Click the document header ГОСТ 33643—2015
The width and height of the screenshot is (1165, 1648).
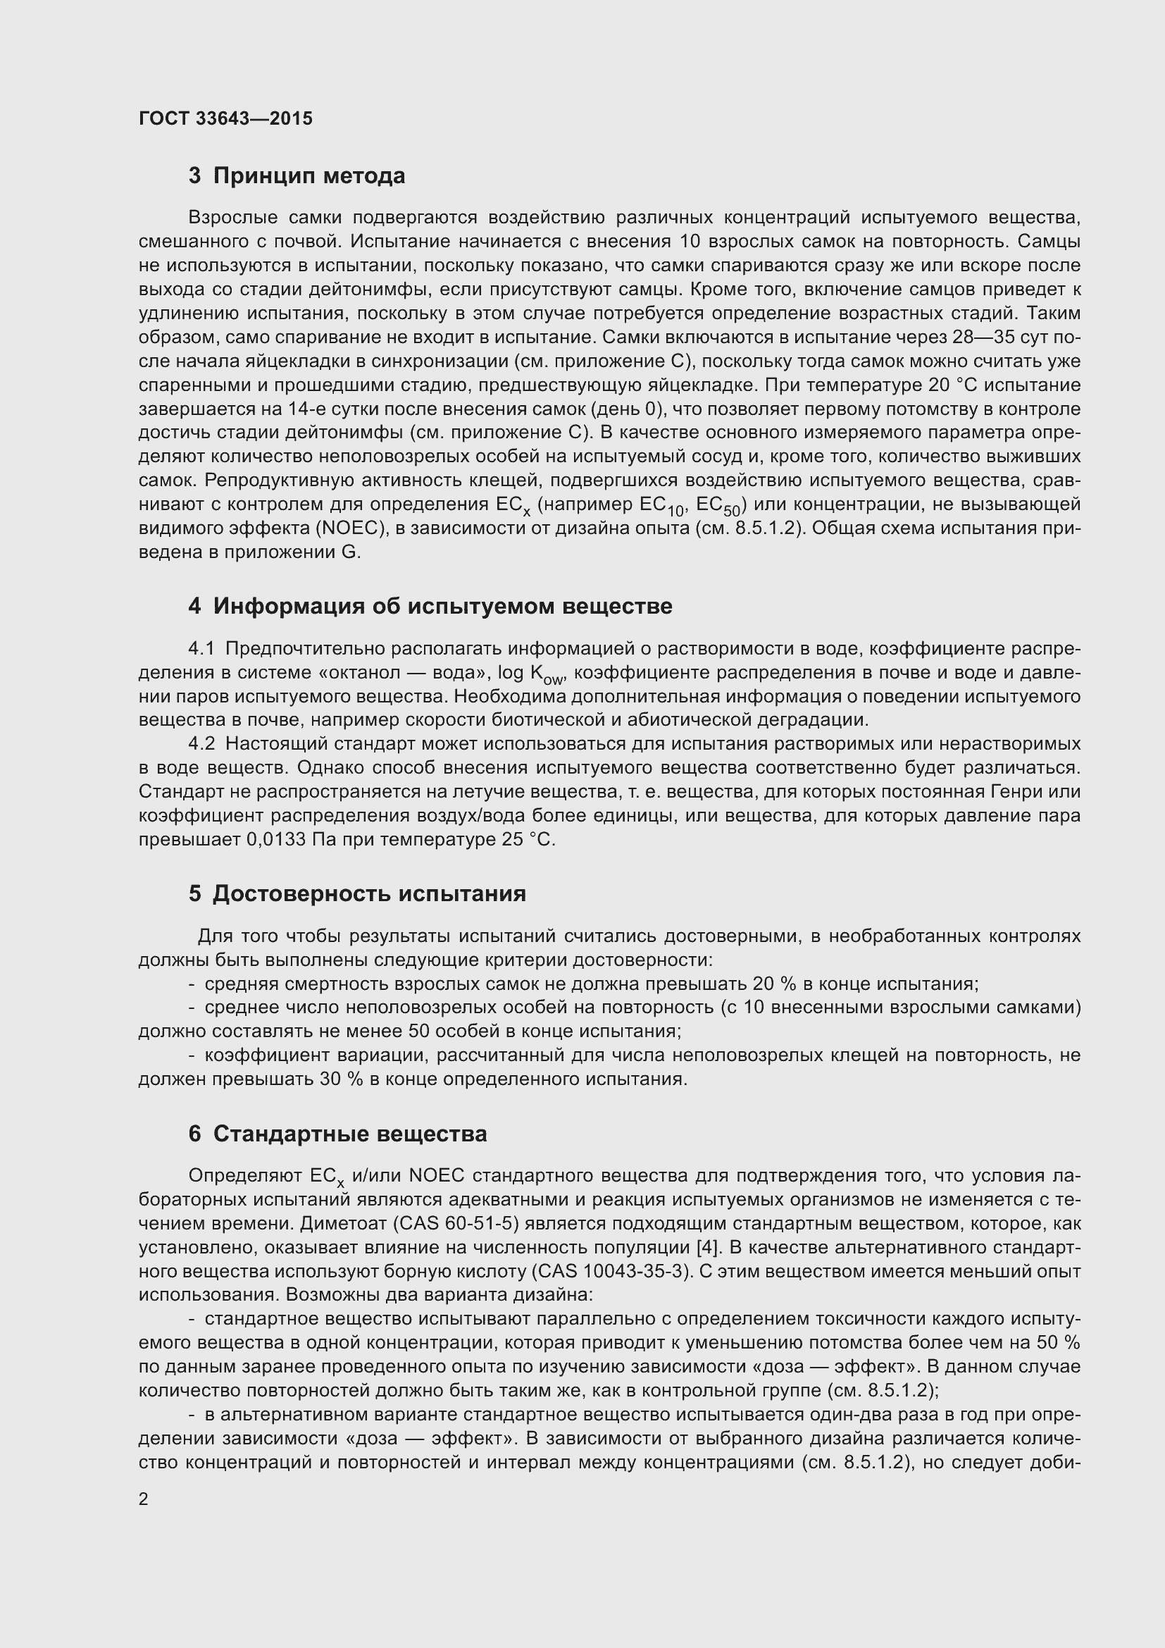pyautogui.click(x=225, y=118)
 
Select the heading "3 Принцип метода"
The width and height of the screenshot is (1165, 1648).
pyautogui.click(x=297, y=175)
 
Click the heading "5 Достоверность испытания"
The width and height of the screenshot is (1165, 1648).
pyautogui.click(x=356, y=893)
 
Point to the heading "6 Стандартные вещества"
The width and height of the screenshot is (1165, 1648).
pyautogui.click(x=337, y=1134)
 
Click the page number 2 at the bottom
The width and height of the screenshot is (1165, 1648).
pyautogui.click(x=144, y=1499)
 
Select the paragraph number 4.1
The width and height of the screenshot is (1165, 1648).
pyautogui.click(x=201, y=648)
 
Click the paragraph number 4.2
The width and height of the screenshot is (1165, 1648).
pyautogui.click(x=201, y=743)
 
